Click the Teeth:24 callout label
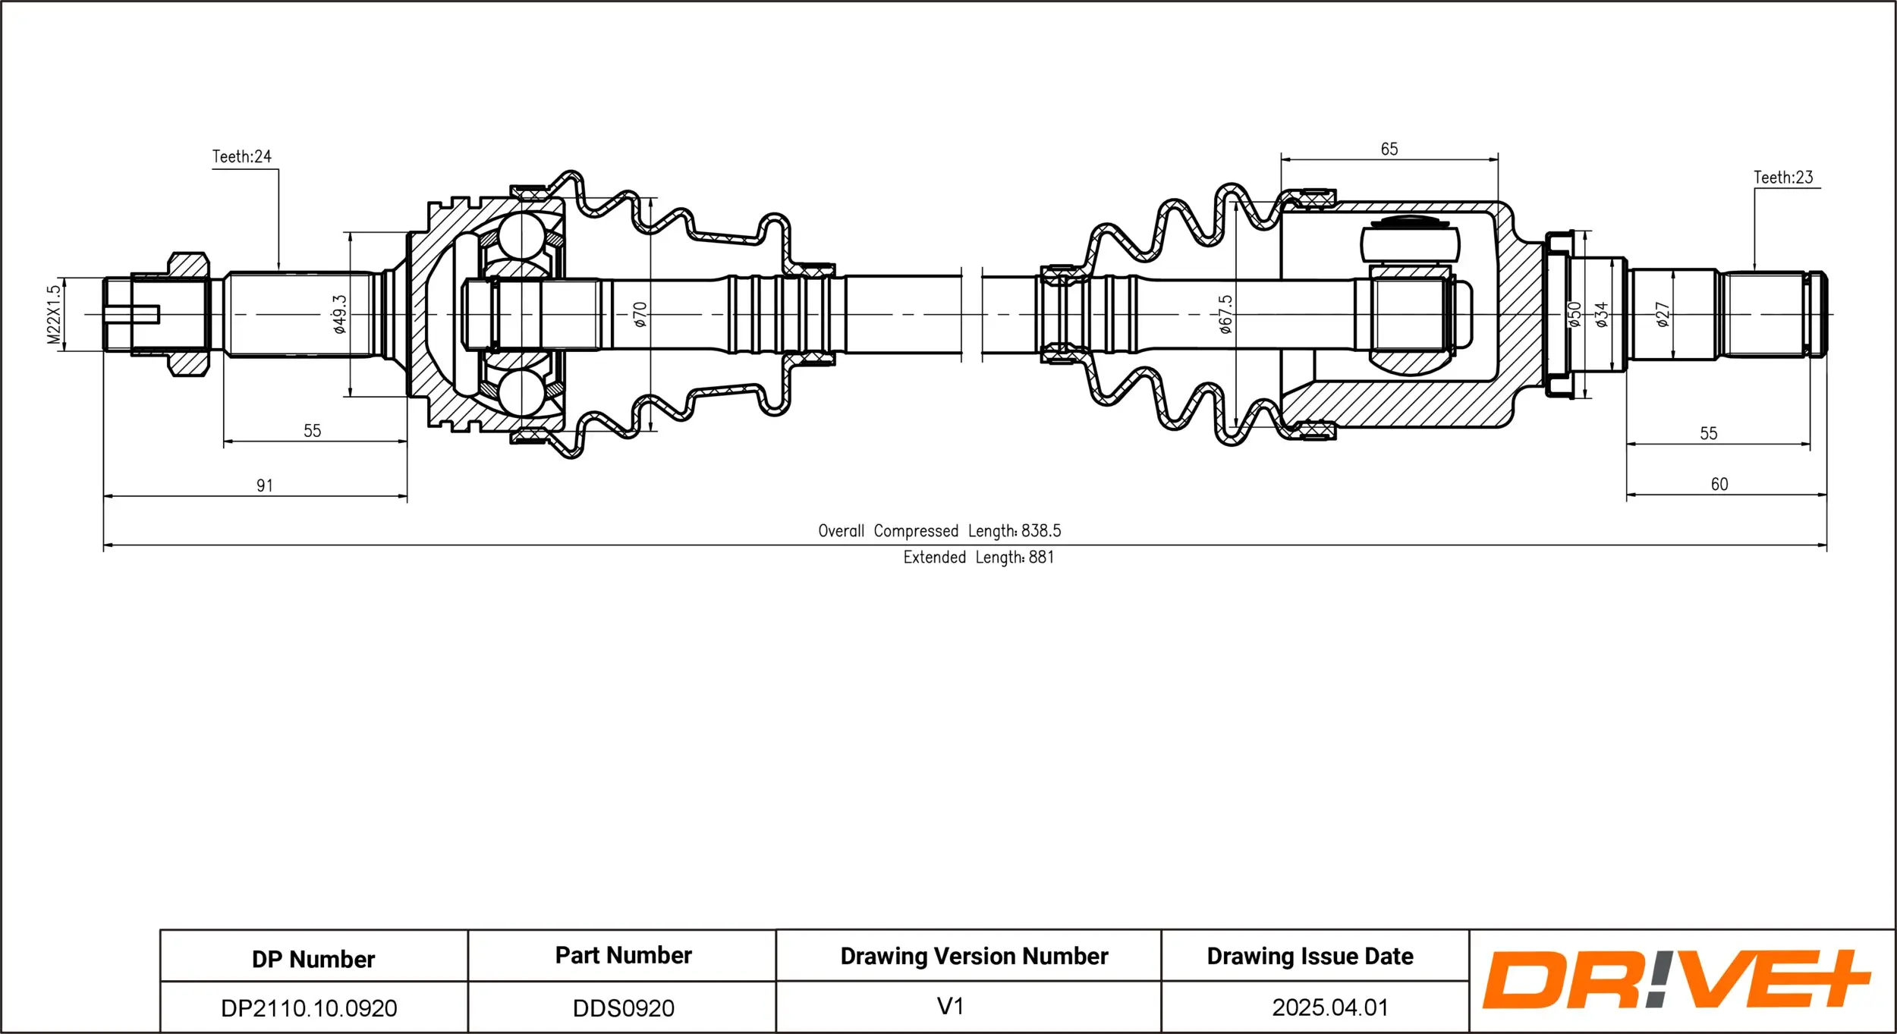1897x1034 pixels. point(241,157)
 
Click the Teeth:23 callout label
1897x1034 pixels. point(1782,178)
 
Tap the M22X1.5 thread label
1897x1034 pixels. point(53,315)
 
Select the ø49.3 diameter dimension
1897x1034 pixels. point(340,315)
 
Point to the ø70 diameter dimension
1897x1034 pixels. point(640,315)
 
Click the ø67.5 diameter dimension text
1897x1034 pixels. point(1225,315)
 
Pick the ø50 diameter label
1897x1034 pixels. point(1575,315)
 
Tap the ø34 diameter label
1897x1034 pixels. point(1601,315)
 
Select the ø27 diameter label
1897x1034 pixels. point(1663,315)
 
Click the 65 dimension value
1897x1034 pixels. point(1389,149)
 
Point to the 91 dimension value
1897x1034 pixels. point(264,486)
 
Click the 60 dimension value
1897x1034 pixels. point(1719,484)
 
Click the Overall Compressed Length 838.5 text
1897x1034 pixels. point(939,531)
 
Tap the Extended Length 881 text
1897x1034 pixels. point(978,558)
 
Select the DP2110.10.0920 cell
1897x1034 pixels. point(309,1008)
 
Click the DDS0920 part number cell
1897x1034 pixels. point(623,1008)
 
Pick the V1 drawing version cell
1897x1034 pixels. point(950,1007)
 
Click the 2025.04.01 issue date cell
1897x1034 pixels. point(1329,1007)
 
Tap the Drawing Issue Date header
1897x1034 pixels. point(1310,957)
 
